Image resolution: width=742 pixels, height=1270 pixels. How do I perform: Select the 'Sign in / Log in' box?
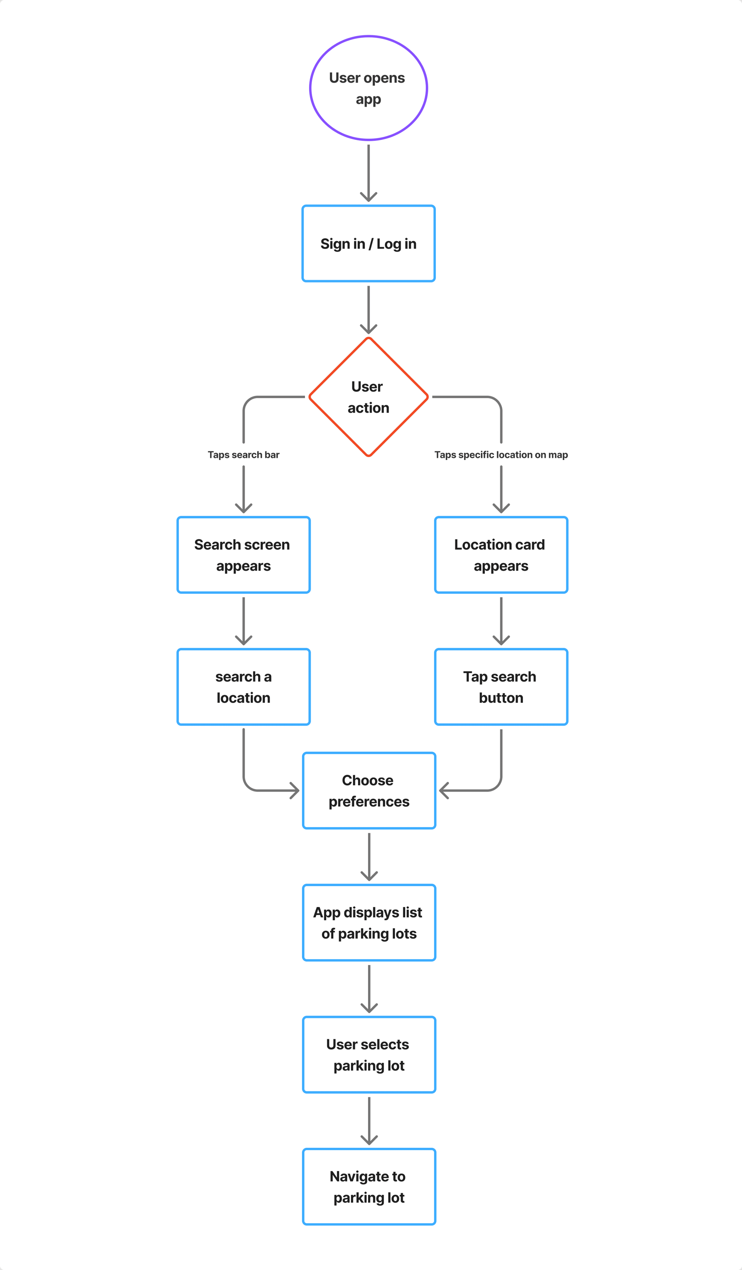[x=368, y=243]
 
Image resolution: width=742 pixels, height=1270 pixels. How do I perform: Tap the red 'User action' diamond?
[x=368, y=397]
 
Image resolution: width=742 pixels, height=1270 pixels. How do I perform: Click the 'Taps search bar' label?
[x=244, y=455]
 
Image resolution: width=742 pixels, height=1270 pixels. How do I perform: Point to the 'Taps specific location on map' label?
[x=501, y=455]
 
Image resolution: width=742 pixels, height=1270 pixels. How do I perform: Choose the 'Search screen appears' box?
[x=244, y=555]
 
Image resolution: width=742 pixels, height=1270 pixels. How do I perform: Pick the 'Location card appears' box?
[x=501, y=555]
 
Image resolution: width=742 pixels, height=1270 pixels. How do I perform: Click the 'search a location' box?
[x=244, y=687]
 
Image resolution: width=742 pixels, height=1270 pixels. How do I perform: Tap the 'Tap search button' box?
[x=501, y=687]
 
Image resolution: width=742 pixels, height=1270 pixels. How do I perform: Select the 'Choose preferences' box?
[x=369, y=791]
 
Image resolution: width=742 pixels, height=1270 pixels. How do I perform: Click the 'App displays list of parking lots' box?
[x=369, y=923]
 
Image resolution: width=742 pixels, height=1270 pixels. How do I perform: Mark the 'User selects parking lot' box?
[x=369, y=1055]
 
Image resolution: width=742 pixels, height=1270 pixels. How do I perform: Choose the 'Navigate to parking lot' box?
[x=369, y=1187]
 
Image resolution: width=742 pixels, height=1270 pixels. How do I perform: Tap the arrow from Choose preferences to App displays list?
[x=369, y=857]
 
